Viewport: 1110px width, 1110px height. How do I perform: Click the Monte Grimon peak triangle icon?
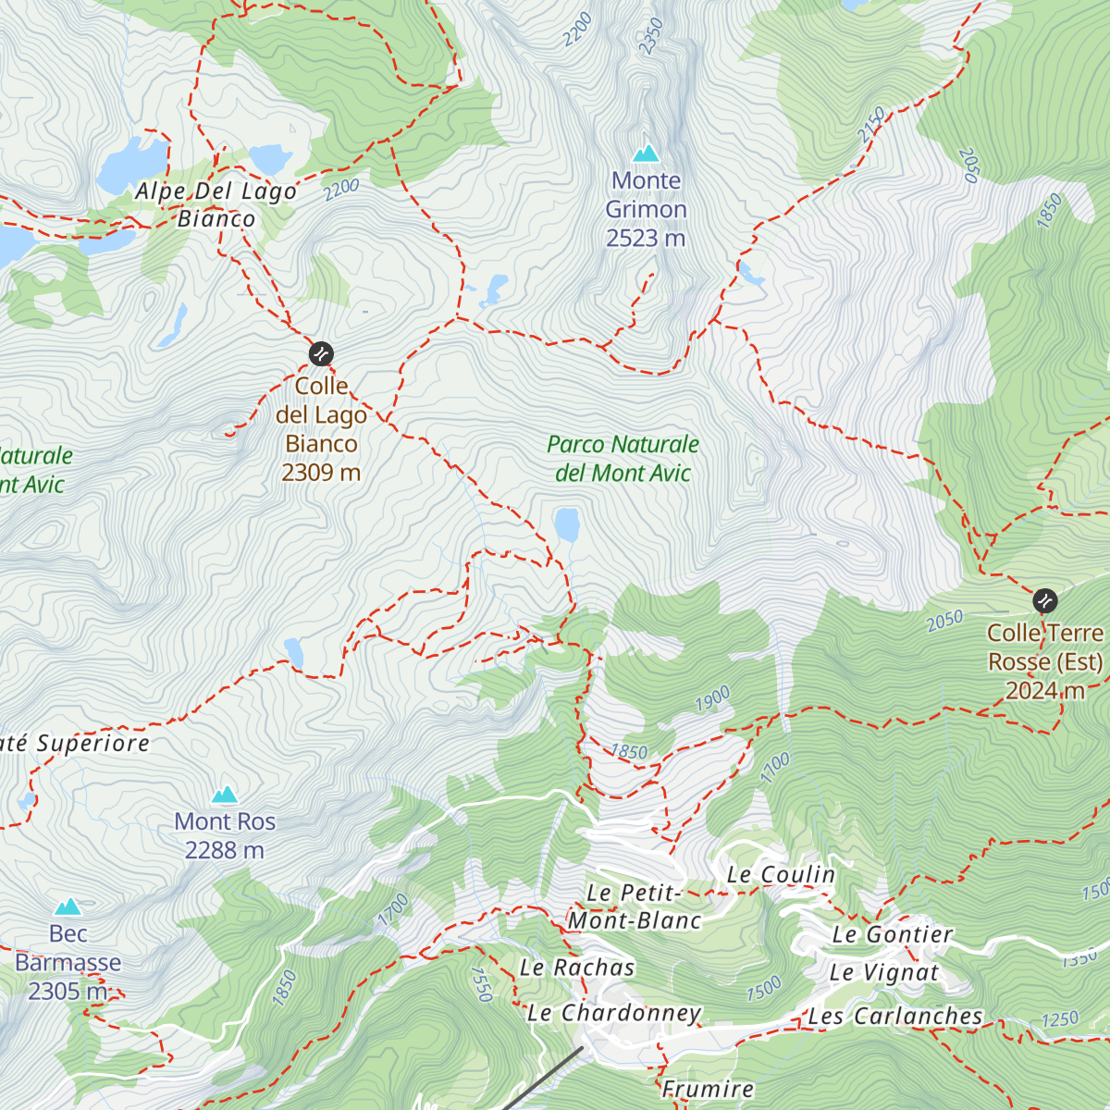pyautogui.click(x=646, y=153)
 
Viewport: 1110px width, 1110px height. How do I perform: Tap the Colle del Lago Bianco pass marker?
pyautogui.click(x=321, y=353)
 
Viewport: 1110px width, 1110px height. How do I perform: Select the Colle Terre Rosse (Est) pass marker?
pyautogui.click(x=1044, y=600)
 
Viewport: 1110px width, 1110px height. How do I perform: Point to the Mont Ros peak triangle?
pyautogui.click(x=225, y=795)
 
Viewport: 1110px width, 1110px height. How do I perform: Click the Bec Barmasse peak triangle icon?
pyautogui.click(x=68, y=906)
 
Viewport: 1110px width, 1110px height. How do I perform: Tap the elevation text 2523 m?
pyautogui.click(x=646, y=239)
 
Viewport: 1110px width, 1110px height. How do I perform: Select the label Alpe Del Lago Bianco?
pyautogui.click(x=216, y=205)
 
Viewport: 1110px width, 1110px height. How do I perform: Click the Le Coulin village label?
pyautogui.click(x=781, y=874)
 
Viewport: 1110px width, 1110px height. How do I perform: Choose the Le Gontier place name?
pyautogui.click(x=892, y=934)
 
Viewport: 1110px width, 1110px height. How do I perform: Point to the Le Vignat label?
pyautogui.click(x=883, y=973)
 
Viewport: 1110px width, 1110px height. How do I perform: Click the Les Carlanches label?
pyautogui.click(x=894, y=1016)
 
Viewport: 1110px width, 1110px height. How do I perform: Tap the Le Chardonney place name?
pyautogui.click(x=614, y=1013)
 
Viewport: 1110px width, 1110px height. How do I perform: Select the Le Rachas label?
pyautogui.click(x=577, y=968)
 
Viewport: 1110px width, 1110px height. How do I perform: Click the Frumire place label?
pyautogui.click(x=708, y=1089)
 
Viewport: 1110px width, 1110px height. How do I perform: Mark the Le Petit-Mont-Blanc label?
pyautogui.click(x=635, y=906)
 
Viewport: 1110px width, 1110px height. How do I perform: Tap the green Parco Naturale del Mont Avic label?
pyautogui.click(x=623, y=459)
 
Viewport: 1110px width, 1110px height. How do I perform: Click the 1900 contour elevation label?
pyautogui.click(x=712, y=699)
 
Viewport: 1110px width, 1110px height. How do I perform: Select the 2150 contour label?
pyautogui.click(x=870, y=125)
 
